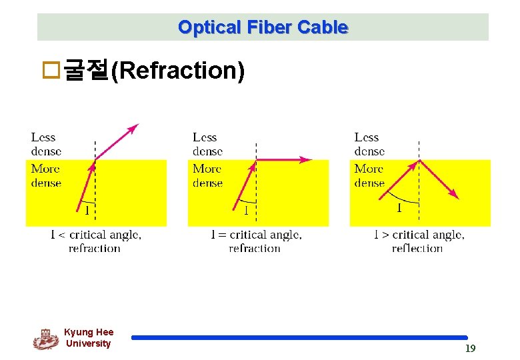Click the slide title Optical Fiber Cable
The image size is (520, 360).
coord(263,27)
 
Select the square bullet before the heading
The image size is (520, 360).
coord(51,71)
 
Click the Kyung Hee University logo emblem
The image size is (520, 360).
coord(45,339)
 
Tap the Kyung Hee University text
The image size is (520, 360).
coord(89,338)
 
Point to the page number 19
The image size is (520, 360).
coord(470,349)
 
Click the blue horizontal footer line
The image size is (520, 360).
coord(299,338)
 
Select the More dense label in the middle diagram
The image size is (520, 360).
coord(207,175)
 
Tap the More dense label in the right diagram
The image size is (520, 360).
coord(369,175)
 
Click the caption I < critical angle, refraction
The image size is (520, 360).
coord(95,241)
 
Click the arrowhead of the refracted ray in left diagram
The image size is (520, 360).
coord(134,127)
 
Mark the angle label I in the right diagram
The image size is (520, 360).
coord(399,208)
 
